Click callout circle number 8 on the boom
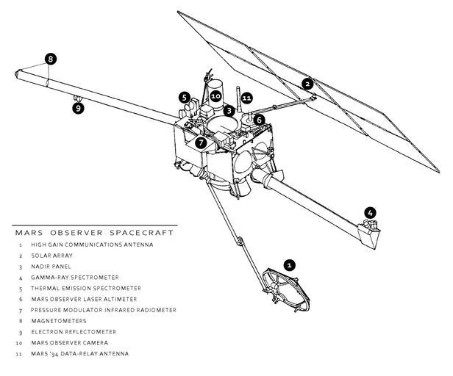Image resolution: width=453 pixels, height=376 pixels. tap(50, 59)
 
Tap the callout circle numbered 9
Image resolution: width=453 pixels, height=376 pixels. tap(78, 108)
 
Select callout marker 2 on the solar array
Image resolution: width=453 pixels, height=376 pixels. tap(307, 84)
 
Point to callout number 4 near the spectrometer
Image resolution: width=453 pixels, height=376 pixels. tap(370, 213)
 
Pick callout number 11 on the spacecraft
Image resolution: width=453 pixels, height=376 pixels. tap(246, 97)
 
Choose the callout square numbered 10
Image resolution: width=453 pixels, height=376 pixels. tap(215, 96)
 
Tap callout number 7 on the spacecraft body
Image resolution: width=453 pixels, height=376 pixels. tap(201, 142)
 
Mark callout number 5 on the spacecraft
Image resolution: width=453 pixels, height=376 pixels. tap(185, 96)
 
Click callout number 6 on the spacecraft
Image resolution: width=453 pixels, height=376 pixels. tap(260, 119)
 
